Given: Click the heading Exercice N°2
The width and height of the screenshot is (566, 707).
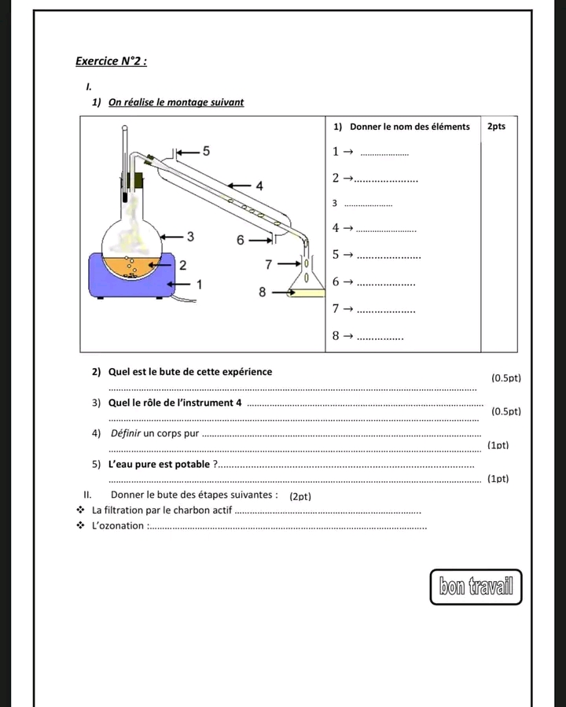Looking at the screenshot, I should (110, 61).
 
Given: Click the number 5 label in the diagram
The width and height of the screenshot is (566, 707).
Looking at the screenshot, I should (206, 150).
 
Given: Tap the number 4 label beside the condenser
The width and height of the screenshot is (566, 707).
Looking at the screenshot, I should (259, 185).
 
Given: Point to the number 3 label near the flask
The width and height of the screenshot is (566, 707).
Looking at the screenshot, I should (190, 236).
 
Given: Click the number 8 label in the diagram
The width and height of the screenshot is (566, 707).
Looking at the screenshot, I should (263, 293).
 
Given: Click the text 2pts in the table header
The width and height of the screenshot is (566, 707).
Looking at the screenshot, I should (497, 126).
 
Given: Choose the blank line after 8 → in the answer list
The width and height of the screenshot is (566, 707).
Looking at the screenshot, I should (380, 338).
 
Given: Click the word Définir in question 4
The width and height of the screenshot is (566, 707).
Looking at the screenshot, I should (129, 433).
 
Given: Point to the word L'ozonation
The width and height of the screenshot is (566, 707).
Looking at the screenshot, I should (118, 526).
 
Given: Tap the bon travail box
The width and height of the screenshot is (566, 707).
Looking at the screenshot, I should (476, 586).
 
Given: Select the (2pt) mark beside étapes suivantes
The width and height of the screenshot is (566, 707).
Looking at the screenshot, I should (301, 496).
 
